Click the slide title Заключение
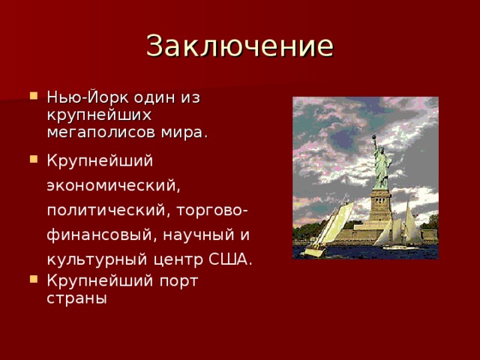point(239,46)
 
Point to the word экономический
point(112,184)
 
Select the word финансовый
point(97,235)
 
